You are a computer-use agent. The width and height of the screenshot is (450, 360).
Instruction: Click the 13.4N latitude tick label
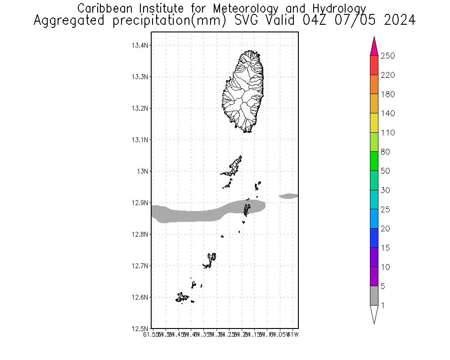[140, 45]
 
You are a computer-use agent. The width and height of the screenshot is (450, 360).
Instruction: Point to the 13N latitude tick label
[143, 171]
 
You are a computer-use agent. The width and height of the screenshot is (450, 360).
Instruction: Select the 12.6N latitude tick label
[140, 297]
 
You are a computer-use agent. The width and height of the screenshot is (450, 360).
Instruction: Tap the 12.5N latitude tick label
[140, 329]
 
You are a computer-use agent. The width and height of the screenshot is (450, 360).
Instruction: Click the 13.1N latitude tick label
[140, 140]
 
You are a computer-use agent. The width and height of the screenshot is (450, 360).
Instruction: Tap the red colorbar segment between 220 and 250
[374, 65]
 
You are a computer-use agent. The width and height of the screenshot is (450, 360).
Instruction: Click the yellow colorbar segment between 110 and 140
[374, 123]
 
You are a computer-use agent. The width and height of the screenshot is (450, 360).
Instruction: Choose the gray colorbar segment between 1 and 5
[374, 296]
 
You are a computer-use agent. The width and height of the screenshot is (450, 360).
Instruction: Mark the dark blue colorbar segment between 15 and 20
[374, 238]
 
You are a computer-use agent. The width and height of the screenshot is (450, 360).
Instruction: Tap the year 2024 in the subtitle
[400, 21]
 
